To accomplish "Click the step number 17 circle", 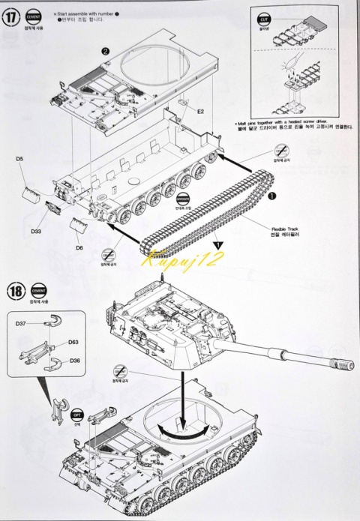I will pyautogui.click(x=12, y=19).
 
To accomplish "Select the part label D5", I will pyautogui.click(x=19, y=159).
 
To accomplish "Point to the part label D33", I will pyautogui.click(x=36, y=231).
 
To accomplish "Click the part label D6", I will pyautogui.click(x=80, y=247).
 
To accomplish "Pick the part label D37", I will pyautogui.click(x=20, y=323).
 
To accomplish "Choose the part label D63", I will pyautogui.click(x=73, y=342).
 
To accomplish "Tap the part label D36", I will pyautogui.click(x=73, y=360).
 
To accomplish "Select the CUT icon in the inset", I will pyautogui.click(x=264, y=18).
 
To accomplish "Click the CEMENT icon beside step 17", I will pyautogui.click(x=33, y=15).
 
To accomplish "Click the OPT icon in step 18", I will pyautogui.click(x=76, y=414).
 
